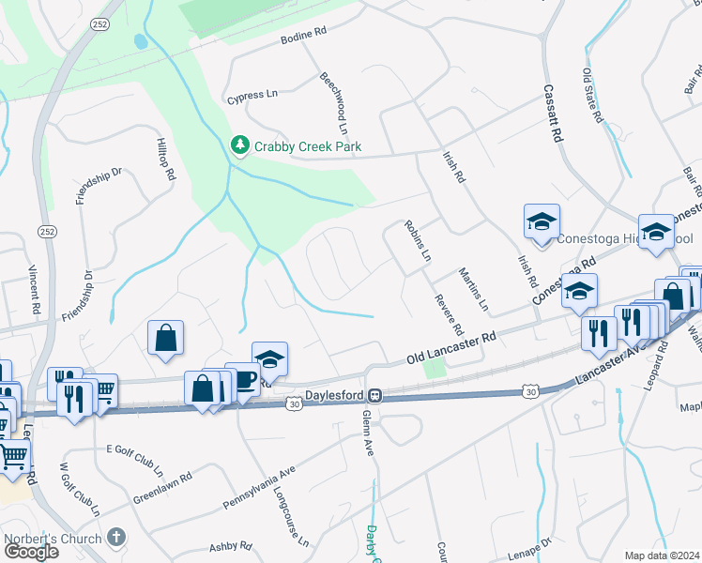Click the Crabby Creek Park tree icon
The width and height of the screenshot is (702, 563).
[x=240, y=146]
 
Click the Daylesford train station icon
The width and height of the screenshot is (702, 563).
[x=374, y=395]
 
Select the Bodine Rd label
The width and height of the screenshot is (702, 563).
[x=303, y=36]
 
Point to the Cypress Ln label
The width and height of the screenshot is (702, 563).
[x=253, y=96]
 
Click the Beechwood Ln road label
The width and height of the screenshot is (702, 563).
[x=334, y=103]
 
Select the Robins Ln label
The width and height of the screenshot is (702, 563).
[x=418, y=241]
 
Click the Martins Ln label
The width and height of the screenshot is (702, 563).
[x=473, y=289]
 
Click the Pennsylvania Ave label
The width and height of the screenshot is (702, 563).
[x=259, y=486]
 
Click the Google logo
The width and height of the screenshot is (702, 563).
[x=32, y=552]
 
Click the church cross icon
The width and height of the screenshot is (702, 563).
[x=115, y=537]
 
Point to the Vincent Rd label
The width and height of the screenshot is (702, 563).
[x=34, y=290]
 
